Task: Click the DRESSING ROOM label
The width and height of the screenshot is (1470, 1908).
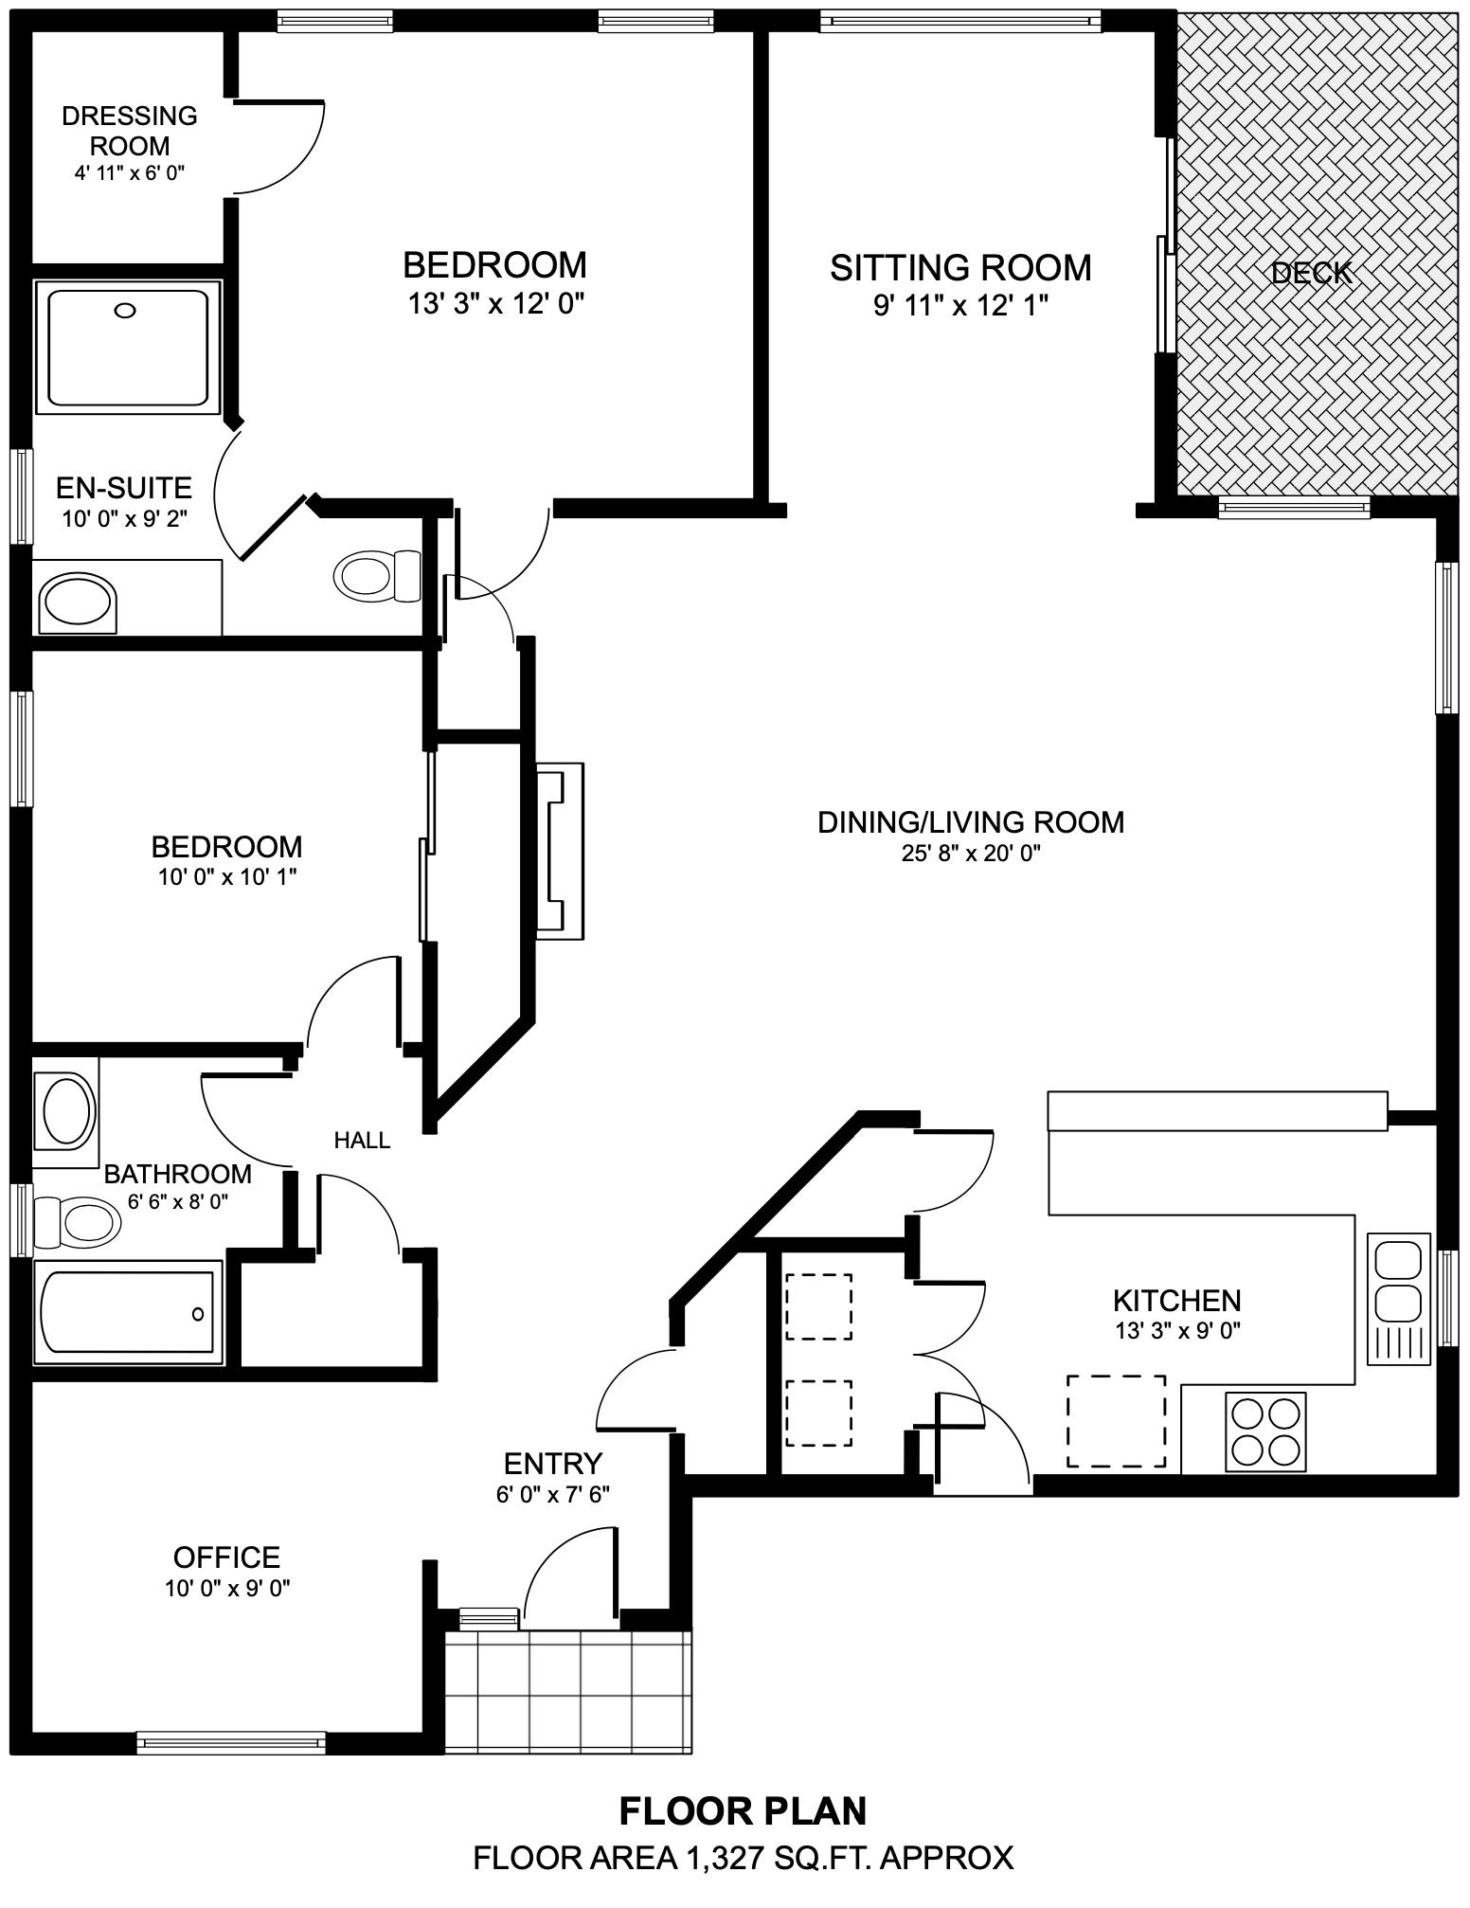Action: coord(130,131)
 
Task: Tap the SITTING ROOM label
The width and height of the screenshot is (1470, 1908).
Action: coord(960,268)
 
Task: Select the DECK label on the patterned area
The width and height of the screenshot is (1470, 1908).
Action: coord(1312,274)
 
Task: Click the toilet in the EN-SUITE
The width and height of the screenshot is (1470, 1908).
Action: coord(378,574)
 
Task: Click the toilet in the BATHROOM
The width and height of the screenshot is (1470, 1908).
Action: coord(77,1222)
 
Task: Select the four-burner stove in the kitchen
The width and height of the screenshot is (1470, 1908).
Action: coord(1265,1431)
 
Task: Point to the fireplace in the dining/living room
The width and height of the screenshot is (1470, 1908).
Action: coord(561,851)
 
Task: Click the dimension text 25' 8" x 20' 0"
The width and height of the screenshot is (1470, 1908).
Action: coord(971,853)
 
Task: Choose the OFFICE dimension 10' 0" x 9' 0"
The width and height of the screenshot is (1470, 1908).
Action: coord(227,1589)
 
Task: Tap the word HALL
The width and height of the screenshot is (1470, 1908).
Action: coord(362,1141)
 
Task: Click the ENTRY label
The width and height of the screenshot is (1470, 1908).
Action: coord(553,1464)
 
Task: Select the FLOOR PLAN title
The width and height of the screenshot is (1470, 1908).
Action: coord(744,1810)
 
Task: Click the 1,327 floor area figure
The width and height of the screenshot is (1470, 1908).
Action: coord(722,1858)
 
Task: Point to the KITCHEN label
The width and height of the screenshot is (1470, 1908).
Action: coord(1177,1300)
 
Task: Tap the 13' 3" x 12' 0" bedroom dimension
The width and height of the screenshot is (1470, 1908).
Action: coord(495,303)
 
